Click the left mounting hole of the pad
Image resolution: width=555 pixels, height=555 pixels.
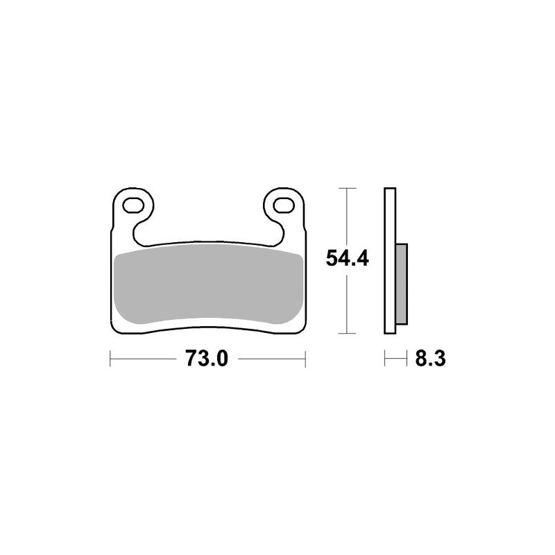[x=132, y=205]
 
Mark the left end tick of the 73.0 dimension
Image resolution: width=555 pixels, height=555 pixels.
[x=111, y=359]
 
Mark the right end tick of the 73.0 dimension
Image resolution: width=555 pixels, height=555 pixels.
[x=305, y=359]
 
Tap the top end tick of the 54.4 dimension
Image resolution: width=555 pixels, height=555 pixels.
[x=347, y=188]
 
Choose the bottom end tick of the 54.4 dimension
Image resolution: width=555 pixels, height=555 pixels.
[x=347, y=333]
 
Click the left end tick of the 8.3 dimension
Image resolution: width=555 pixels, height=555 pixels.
[x=385, y=359]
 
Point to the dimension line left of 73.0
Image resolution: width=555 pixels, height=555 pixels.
[x=146, y=359]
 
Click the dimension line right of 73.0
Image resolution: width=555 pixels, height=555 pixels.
[x=271, y=359]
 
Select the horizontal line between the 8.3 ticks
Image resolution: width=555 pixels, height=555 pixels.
[x=396, y=359]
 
